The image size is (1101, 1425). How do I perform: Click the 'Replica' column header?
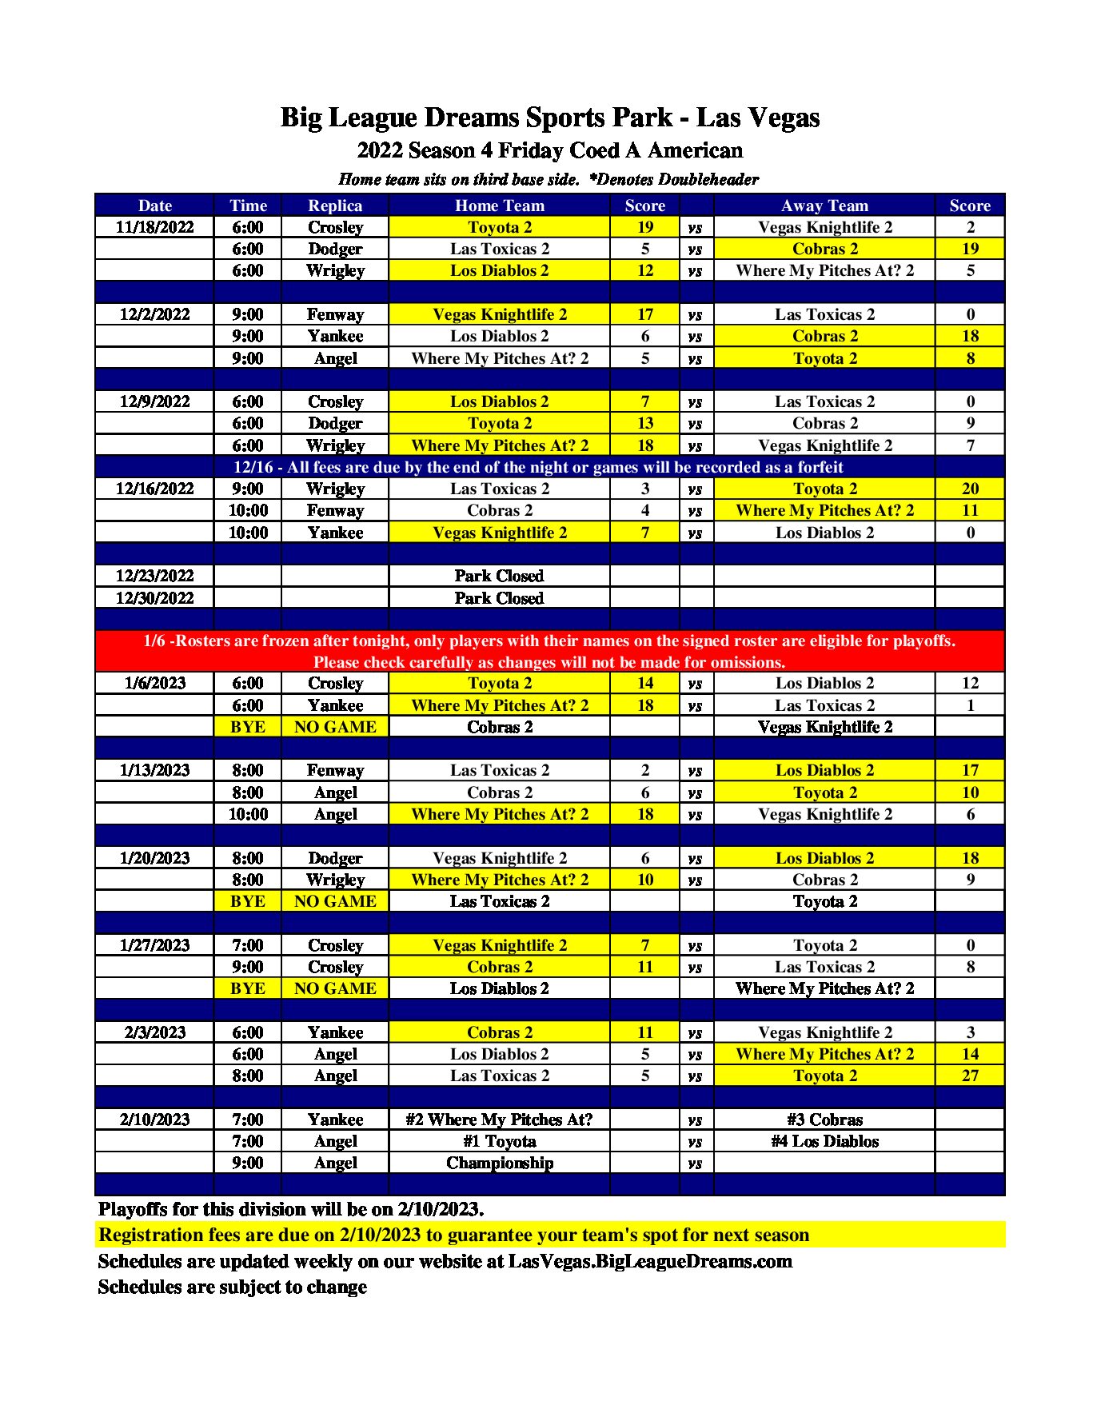(335, 206)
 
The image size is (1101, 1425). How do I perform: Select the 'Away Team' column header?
(824, 206)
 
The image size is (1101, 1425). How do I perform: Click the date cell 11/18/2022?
(154, 227)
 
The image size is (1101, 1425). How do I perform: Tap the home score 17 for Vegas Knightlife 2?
(644, 314)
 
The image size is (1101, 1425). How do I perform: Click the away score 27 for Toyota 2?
(970, 1076)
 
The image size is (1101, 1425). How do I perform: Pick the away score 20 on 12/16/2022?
(970, 489)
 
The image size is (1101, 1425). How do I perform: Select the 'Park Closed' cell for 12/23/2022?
(499, 576)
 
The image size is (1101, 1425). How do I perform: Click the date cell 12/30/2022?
(154, 598)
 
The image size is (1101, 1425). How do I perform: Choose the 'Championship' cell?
(499, 1163)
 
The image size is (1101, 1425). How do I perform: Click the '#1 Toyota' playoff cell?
(499, 1141)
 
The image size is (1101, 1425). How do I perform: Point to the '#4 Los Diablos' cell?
(824, 1141)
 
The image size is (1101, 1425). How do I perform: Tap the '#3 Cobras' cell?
(824, 1120)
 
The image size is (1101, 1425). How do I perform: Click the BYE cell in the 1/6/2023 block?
(248, 727)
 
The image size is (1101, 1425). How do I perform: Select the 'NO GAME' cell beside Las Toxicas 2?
(335, 901)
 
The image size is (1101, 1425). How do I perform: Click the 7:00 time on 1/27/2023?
(248, 945)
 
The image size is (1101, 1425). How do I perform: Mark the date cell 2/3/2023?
(154, 1032)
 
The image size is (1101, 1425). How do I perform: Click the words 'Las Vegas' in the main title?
(758, 118)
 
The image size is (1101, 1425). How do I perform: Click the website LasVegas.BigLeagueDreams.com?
(650, 1261)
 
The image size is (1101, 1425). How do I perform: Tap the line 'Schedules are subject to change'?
(232, 1287)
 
